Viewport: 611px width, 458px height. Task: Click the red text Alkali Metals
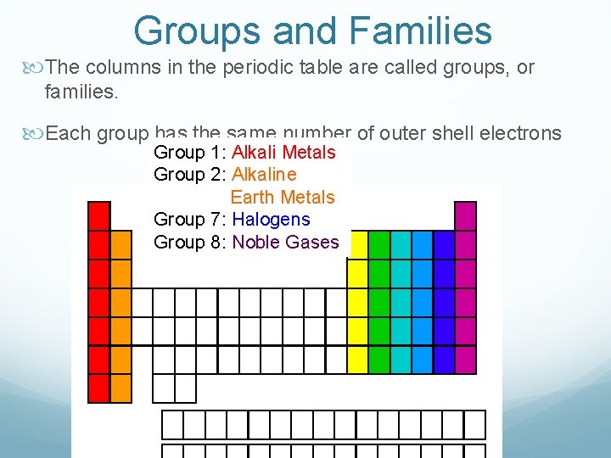click(283, 153)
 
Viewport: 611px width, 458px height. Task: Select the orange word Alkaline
click(264, 175)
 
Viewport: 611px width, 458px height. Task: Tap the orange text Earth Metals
click(283, 197)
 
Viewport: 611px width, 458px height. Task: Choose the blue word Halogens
click(271, 219)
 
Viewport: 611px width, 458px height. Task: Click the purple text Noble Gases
click(285, 242)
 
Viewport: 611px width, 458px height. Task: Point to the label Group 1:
click(191, 153)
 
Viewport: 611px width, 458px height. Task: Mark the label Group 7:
click(191, 219)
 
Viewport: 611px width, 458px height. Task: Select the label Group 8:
click(191, 242)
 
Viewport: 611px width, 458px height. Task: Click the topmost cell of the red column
click(99, 215)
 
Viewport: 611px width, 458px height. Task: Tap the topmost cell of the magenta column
click(465, 215)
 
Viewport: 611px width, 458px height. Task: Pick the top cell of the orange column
click(121, 245)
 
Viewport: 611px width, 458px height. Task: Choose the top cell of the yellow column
click(358, 245)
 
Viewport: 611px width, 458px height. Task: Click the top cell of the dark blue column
click(444, 245)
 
